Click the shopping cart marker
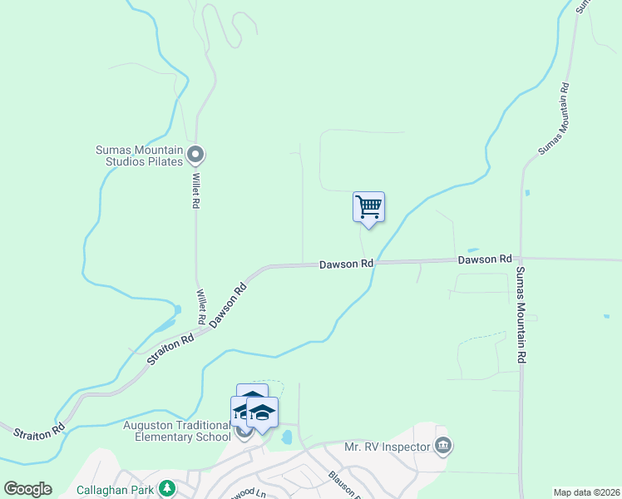click(x=368, y=206)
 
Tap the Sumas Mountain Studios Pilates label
click(x=138, y=156)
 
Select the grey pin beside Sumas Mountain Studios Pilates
click(x=196, y=154)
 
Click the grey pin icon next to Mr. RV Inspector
click(x=443, y=447)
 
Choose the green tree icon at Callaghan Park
click(x=167, y=487)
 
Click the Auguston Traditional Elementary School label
click(x=177, y=431)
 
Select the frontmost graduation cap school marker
click(x=263, y=413)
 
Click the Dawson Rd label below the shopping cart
click(x=346, y=264)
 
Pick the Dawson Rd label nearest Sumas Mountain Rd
click(x=484, y=260)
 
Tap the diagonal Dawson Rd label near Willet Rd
click(x=229, y=304)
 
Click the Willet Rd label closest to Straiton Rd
click(x=200, y=307)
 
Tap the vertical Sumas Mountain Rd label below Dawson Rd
click(x=521, y=314)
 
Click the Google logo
click(x=27, y=489)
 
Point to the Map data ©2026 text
click(x=586, y=492)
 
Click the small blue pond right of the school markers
click(x=287, y=437)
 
